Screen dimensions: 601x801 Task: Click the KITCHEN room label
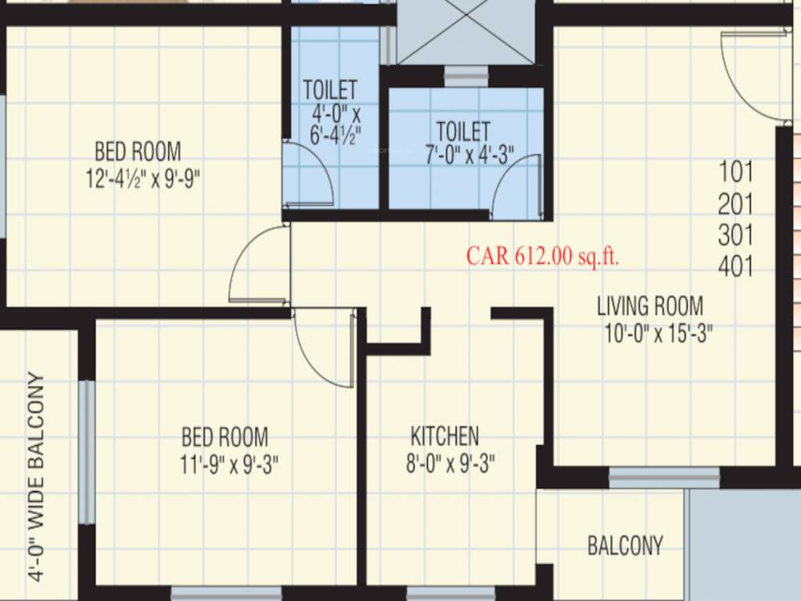[444, 435]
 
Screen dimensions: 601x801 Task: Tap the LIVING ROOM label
[649, 305]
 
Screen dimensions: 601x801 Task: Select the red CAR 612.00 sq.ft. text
[543, 256]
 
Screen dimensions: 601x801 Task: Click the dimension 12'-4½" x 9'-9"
[143, 179]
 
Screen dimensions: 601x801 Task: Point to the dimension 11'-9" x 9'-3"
[228, 465]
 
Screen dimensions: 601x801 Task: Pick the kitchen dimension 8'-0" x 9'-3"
[449, 464]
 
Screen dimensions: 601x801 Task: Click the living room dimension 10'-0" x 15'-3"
[658, 334]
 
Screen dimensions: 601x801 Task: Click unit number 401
[735, 267]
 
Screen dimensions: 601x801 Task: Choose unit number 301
[735, 235]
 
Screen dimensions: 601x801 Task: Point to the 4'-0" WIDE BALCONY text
[36, 476]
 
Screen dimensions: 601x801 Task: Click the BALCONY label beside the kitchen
[625, 545]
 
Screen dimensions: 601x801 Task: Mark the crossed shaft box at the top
[467, 32]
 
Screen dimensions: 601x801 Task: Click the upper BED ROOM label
[138, 150]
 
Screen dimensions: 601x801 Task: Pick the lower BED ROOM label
[224, 436]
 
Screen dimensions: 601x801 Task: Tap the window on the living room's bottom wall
[664, 477]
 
